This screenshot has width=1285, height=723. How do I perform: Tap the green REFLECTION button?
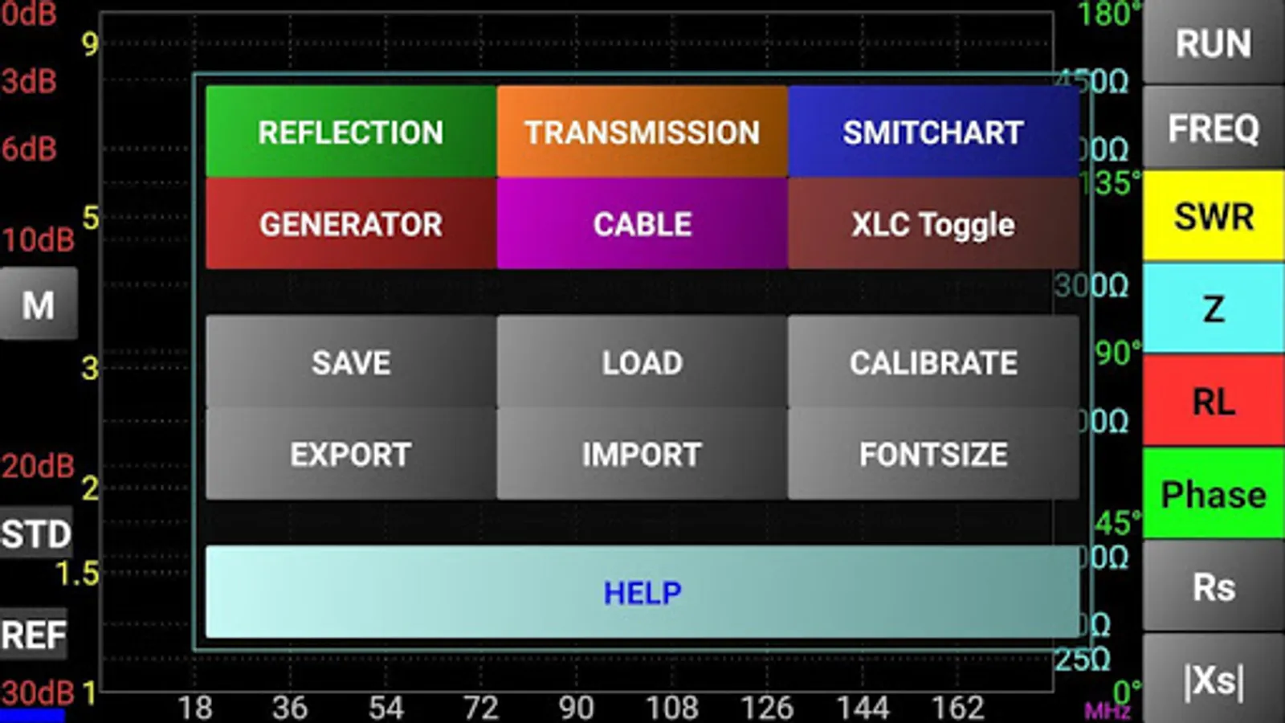351,132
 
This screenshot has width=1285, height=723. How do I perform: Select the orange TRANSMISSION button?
642,132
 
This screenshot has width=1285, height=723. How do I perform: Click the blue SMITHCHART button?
932,132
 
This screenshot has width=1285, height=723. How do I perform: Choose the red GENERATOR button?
351,223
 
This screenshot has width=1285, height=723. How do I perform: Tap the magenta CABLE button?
642,223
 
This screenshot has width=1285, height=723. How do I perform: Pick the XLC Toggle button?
932,223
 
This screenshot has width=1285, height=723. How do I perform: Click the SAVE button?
351,362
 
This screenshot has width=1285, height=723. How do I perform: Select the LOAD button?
642,362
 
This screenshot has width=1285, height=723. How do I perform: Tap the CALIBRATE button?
932,362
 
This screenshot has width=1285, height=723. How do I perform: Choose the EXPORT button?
351,454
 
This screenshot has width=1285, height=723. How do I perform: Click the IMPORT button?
642,454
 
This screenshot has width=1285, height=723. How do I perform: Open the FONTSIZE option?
932,454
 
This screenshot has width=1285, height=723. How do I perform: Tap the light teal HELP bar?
642,592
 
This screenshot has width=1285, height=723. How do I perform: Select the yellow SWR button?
1214,216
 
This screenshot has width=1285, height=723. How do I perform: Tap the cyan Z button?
1214,308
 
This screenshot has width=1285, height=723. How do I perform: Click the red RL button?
1214,401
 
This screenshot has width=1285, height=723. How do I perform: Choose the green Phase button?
1214,494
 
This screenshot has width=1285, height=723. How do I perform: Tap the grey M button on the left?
39,304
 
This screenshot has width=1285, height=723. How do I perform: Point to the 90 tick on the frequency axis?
576,708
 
